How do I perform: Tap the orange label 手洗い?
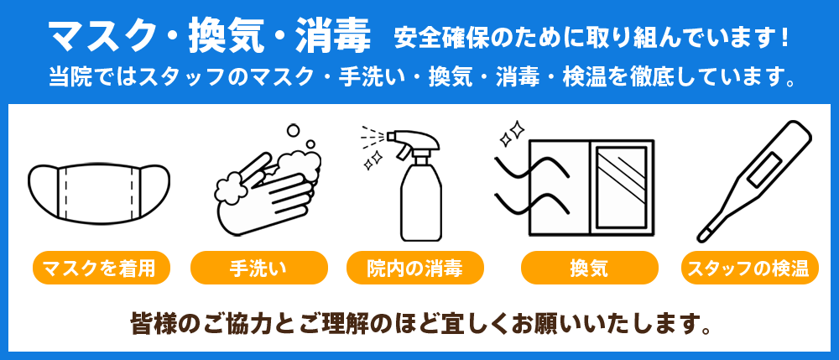pyautogui.click(x=258, y=268)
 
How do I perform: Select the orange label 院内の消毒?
pyautogui.click(x=414, y=268)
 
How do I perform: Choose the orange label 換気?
pyautogui.click(x=588, y=268)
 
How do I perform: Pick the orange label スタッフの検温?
pyautogui.click(x=747, y=268)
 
